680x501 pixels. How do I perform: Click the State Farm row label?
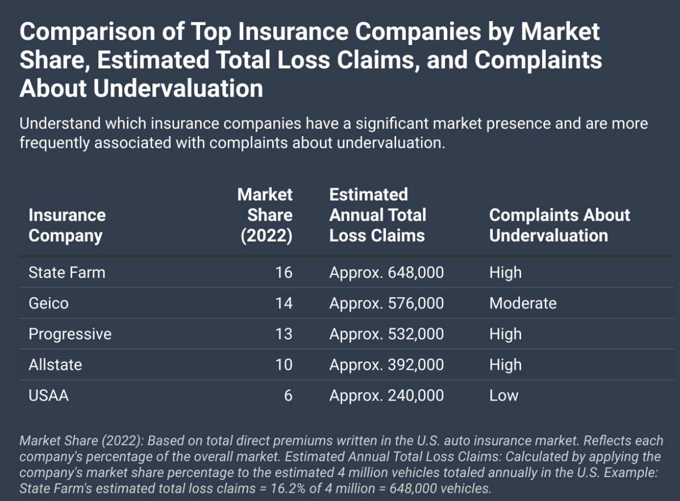[67, 273]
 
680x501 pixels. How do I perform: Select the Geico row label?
[48, 303]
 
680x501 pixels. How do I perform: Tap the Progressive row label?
[70, 334]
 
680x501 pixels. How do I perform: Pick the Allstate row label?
[55, 365]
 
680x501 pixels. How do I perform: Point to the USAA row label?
[48, 395]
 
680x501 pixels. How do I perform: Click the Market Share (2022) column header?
[266, 215]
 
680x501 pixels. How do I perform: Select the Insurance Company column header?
[67, 225]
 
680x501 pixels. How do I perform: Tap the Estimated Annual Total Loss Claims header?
[378, 215]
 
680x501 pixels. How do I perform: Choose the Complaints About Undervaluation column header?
[559, 225]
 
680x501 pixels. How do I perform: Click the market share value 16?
[284, 273]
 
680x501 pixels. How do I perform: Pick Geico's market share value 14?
[284, 303]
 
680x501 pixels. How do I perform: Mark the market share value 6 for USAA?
[288, 395]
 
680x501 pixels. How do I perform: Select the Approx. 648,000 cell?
[387, 273]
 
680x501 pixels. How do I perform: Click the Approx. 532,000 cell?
[387, 334]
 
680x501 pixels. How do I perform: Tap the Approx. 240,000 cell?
[387, 395]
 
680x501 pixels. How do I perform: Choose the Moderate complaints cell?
[523, 303]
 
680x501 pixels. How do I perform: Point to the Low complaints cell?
[504, 395]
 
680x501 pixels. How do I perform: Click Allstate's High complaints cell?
[506, 365]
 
